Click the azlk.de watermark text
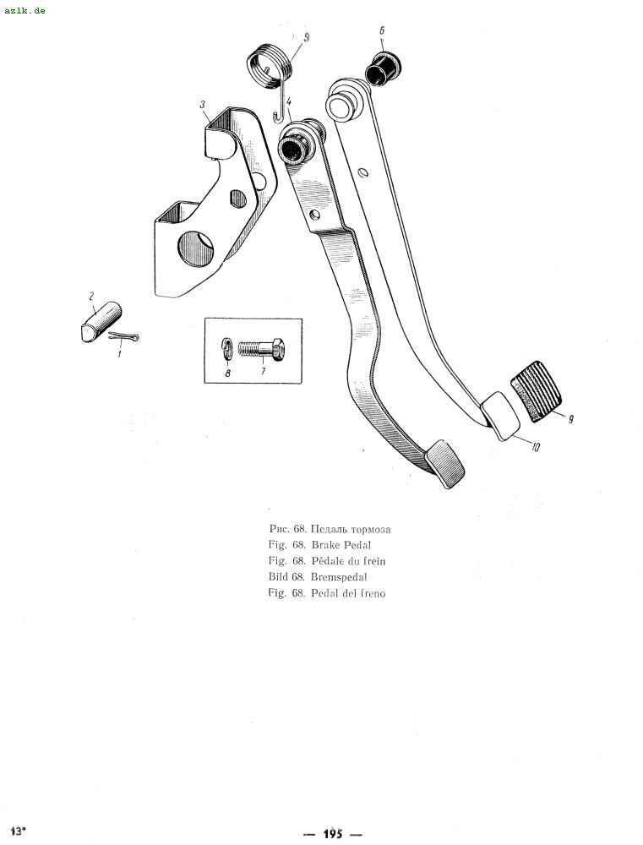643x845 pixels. [x=25, y=10]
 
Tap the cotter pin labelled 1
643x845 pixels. [x=124, y=336]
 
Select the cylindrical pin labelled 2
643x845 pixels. [x=101, y=322]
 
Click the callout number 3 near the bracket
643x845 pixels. [x=203, y=103]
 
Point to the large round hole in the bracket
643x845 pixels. [x=195, y=249]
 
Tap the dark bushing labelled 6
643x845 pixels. [x=384, y=68]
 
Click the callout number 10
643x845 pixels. [x=535, y=446]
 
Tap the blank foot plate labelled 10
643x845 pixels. [x=500, y=416]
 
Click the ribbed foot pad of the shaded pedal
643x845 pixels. [x=444, y=464]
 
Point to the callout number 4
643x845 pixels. [x=289, y=101]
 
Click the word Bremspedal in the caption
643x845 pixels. [x=339, y=577]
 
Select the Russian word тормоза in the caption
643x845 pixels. [x=372, y=529]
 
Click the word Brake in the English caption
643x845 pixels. [x=325, y=545]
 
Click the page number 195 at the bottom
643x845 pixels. [x=333, y=834]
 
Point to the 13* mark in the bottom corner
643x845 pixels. [x=18, y=831]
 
